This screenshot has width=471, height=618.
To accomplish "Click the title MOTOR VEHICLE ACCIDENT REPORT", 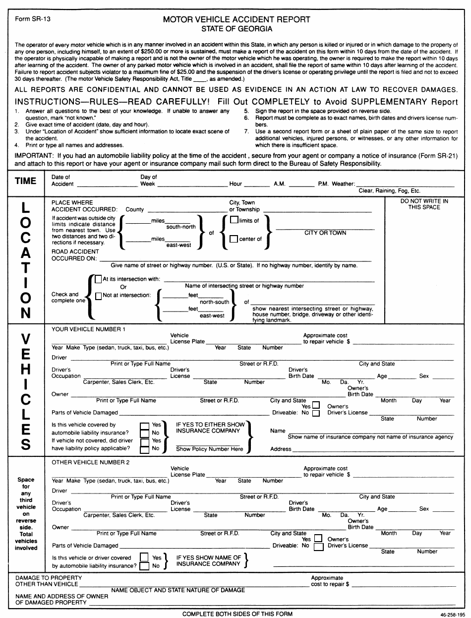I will click(237, 19).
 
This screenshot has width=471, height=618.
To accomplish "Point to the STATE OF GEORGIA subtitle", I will click(237, 29).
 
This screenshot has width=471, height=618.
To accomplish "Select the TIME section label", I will click(26, 181).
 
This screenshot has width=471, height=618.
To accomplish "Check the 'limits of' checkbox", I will click(234, 220).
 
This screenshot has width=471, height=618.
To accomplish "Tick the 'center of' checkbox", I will click(234, 239).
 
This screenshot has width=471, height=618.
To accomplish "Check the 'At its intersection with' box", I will click(99, 279).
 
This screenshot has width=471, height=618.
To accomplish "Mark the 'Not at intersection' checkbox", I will click(99, 296).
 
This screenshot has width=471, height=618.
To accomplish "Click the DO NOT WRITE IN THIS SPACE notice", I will click(424, 204).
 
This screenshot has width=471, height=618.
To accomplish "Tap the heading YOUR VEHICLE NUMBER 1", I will click(89, 329).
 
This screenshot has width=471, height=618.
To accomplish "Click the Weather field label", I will click(343, 184).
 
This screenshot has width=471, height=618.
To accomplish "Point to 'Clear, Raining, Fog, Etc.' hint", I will click(389, 191).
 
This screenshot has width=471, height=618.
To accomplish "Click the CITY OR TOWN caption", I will click(325, 233).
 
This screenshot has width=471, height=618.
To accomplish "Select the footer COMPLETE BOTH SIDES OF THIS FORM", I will click(237, 614).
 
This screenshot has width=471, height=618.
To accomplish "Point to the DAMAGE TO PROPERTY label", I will click(49, 578).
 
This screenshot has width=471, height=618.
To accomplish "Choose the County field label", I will click(135, 210).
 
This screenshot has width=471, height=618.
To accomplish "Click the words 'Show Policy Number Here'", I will click(210, 449).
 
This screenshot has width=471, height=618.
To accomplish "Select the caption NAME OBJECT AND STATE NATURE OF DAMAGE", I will click(178, 590).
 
